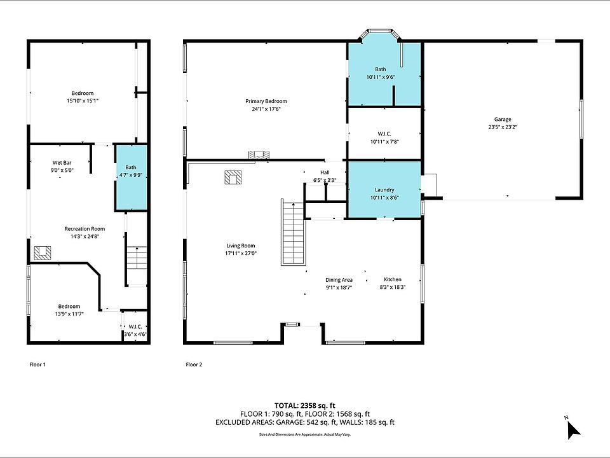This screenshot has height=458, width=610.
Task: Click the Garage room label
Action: click(x=503, y=120)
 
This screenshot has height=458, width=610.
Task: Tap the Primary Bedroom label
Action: click(x=266, y=101)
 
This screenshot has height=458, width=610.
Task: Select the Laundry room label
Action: click(x=384, y=190)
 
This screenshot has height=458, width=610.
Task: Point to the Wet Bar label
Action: click(x=62, y=163)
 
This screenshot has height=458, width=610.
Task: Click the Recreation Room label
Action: click(x=85, y=228)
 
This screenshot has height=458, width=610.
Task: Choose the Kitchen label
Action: click(x=393, y=279)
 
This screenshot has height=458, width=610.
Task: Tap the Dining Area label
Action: click(x=339, y=280)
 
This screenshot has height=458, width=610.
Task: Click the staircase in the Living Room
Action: click(x=293, y=232)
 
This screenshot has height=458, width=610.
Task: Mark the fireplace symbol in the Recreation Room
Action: click(x=43, y=253)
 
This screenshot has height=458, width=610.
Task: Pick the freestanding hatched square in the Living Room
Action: click(x=233, y=177)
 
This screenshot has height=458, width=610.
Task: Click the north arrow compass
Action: click(x=573, y=429)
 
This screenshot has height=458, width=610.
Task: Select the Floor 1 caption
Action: click(x=37, y=364)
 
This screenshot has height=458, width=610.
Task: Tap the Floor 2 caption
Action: click(x=194, y=364)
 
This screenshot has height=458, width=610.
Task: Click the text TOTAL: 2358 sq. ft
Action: click(x=305, y=405)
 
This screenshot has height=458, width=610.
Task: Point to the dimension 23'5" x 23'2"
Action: click(x=503, y=127)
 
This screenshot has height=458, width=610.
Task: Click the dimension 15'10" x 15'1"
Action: click(x=83, y=101)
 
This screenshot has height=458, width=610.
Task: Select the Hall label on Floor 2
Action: click(x=325, y=172)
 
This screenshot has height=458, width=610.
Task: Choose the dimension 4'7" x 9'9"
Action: click(x=131, y=176)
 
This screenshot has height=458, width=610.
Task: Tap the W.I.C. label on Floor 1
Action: click(x=135, y=327)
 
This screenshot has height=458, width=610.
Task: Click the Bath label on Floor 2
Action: click(x=381, y=69)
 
